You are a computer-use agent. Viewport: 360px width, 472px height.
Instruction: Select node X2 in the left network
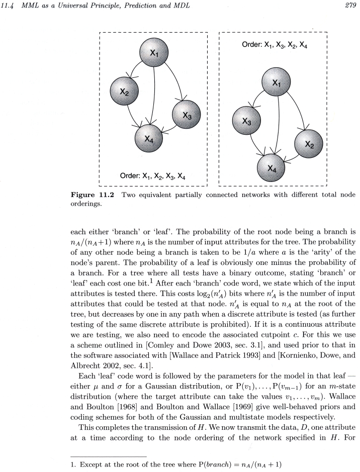click(125, 92)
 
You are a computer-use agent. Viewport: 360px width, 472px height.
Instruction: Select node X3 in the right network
click(247, 122)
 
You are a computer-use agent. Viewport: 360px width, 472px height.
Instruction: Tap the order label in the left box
click(154, 176)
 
